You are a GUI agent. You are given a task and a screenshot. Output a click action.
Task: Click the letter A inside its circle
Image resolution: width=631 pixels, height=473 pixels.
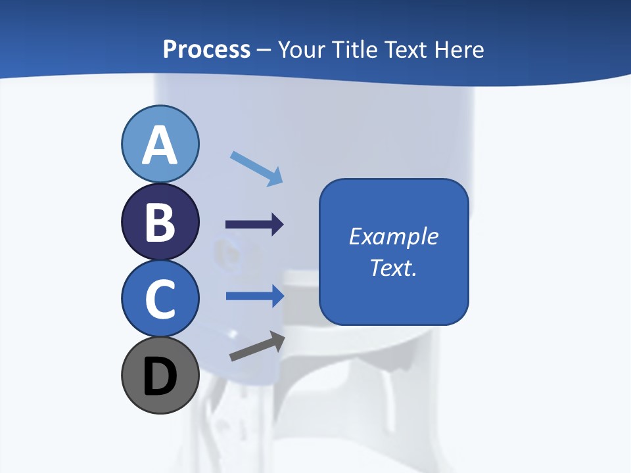[160, 145]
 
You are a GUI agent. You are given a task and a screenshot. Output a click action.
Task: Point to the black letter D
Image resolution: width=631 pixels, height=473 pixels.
[160, 376]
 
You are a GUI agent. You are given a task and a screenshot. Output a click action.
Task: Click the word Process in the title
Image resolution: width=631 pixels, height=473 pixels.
[206, 49]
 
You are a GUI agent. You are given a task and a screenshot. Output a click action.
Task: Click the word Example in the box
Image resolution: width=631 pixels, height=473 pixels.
[393, 236]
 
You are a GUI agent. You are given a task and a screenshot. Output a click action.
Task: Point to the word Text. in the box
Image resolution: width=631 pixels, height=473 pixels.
[393, 268]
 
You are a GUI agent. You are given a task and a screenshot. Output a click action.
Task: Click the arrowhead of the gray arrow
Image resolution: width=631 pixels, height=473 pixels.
[277, 339]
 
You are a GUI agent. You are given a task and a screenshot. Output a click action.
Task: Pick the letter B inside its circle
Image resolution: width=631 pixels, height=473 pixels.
[160, 222]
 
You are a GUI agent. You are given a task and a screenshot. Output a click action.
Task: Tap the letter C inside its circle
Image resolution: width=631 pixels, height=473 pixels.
[160, 299]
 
